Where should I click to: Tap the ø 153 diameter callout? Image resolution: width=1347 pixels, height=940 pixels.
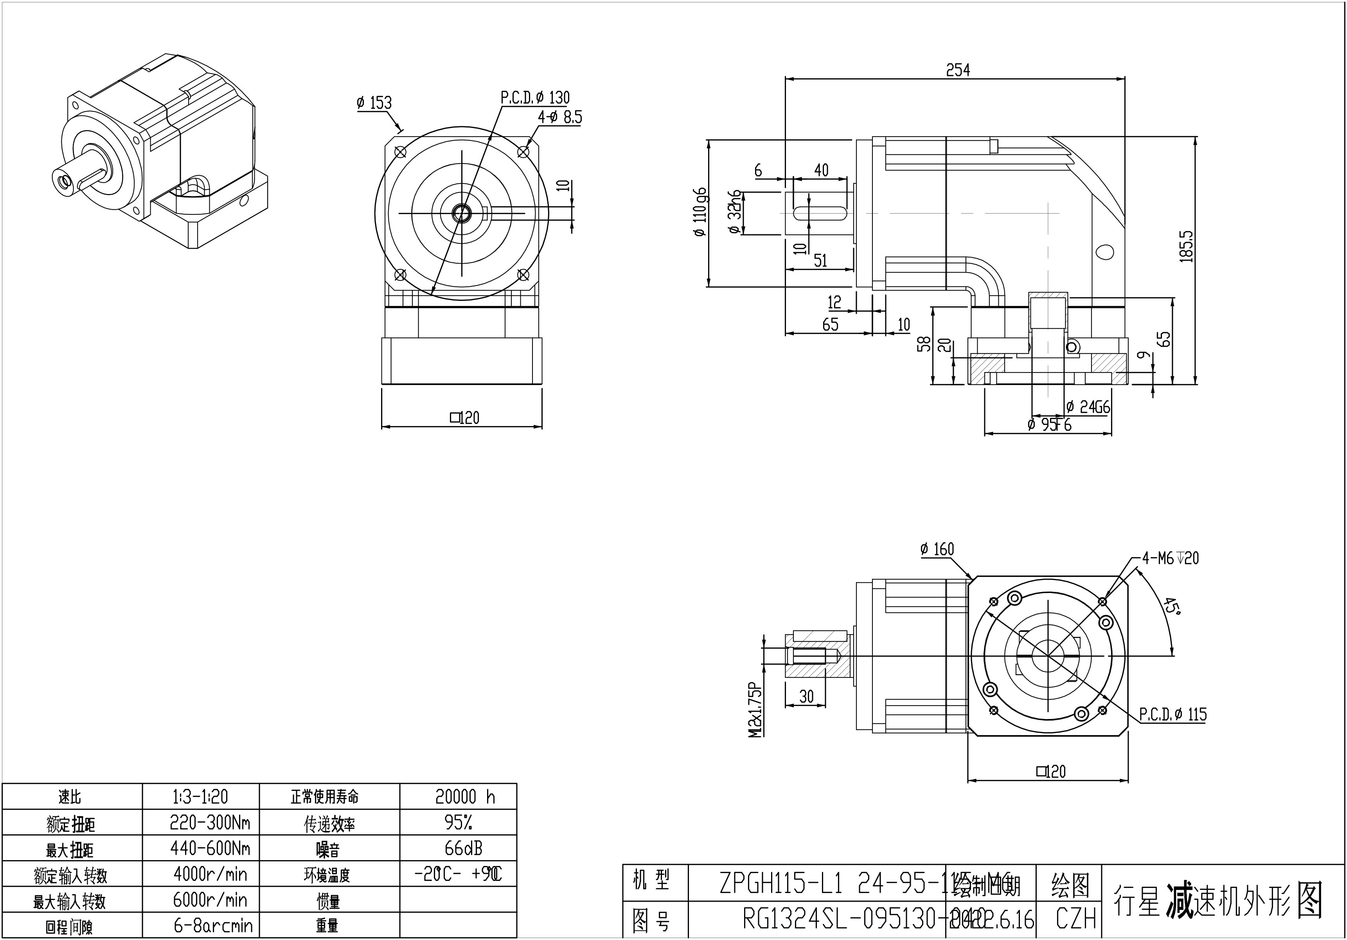coord(374,103)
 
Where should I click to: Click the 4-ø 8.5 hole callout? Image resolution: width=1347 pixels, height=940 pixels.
coord(560,117)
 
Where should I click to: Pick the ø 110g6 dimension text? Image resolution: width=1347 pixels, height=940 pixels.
coord(700,212)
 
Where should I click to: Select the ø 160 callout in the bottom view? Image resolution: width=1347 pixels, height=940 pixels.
coord(937,549)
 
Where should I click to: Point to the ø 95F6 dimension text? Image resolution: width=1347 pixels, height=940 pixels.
coord(1050,424)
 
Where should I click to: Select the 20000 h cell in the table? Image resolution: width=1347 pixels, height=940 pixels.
coord(465,797)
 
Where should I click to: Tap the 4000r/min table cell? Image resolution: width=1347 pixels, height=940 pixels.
coord(210,874)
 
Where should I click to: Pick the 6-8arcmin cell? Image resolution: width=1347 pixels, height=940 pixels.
coord(213,926)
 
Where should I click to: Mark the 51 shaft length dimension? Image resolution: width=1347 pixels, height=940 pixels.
coord(820,261)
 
